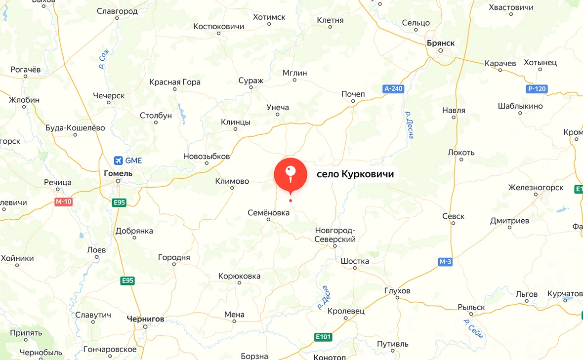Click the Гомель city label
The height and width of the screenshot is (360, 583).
point(119,173)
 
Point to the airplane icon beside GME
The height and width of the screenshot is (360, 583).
point(118,160)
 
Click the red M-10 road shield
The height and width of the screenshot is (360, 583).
point(64,201)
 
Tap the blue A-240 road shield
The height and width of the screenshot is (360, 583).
point(393,89)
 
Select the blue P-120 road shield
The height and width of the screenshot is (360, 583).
point(536,89)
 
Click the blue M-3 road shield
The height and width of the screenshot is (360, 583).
point(445,262)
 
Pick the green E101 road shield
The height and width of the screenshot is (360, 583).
point(323,337)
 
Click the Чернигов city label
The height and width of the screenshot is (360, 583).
point(145,319)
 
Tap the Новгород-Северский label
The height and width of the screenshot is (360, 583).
point(335,235)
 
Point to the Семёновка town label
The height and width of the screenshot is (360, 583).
point(268,212)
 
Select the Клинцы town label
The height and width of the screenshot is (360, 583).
point(235,122)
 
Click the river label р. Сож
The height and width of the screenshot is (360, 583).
point(103,58)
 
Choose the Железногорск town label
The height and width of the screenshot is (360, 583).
point(536,188)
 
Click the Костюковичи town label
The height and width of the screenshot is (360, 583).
point(219,26)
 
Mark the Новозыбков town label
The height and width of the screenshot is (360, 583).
point(207,156)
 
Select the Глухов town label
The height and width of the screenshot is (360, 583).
point(397,291)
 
